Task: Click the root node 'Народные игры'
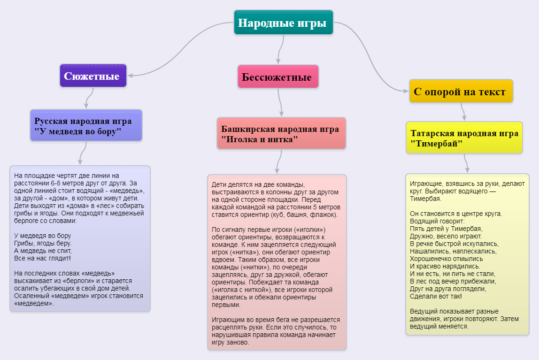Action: (x=284, y=23)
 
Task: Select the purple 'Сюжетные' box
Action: (x=93, y=76)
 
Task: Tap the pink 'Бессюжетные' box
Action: (x=278, y=77)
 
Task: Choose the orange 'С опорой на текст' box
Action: (x=461, y=91)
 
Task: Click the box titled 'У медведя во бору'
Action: (x=86, y=125)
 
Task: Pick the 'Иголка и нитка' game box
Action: (x=281, y=133)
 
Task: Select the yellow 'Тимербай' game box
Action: (x=464, y=138)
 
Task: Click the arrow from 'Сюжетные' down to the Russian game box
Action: (x=89, y=98)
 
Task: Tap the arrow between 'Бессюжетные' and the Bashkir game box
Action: (x=280, y=103)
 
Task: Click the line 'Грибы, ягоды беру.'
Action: (x=43, y=243)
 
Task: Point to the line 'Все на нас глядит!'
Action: (x=42, y=258)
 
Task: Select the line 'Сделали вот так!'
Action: (x=436, y=296)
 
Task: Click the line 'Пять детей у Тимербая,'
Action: (x=446, y=229)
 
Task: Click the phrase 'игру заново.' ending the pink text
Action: (x=231, y=343)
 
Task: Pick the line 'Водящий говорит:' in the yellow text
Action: (x=437, y=221)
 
